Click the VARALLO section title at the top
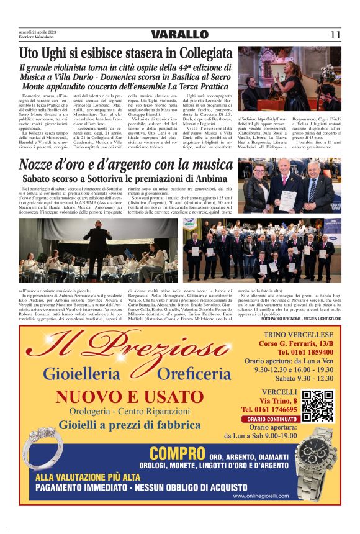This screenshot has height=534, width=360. click(x=179, y=35)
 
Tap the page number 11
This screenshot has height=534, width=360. click(x=335, y=35)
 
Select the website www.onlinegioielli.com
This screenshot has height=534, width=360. click(x=261, y=496)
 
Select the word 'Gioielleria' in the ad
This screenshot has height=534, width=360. click(x=81, y=374)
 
